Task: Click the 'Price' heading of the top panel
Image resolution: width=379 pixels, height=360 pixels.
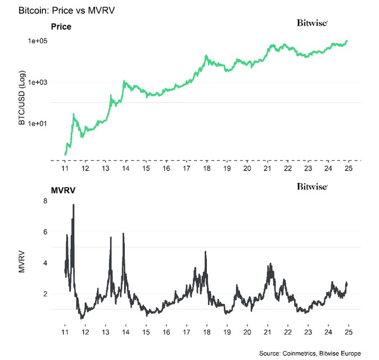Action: click(61, 26)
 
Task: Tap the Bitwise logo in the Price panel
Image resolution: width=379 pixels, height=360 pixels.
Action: click(312, 23)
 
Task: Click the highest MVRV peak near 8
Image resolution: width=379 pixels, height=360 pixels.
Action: click(73, 206)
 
